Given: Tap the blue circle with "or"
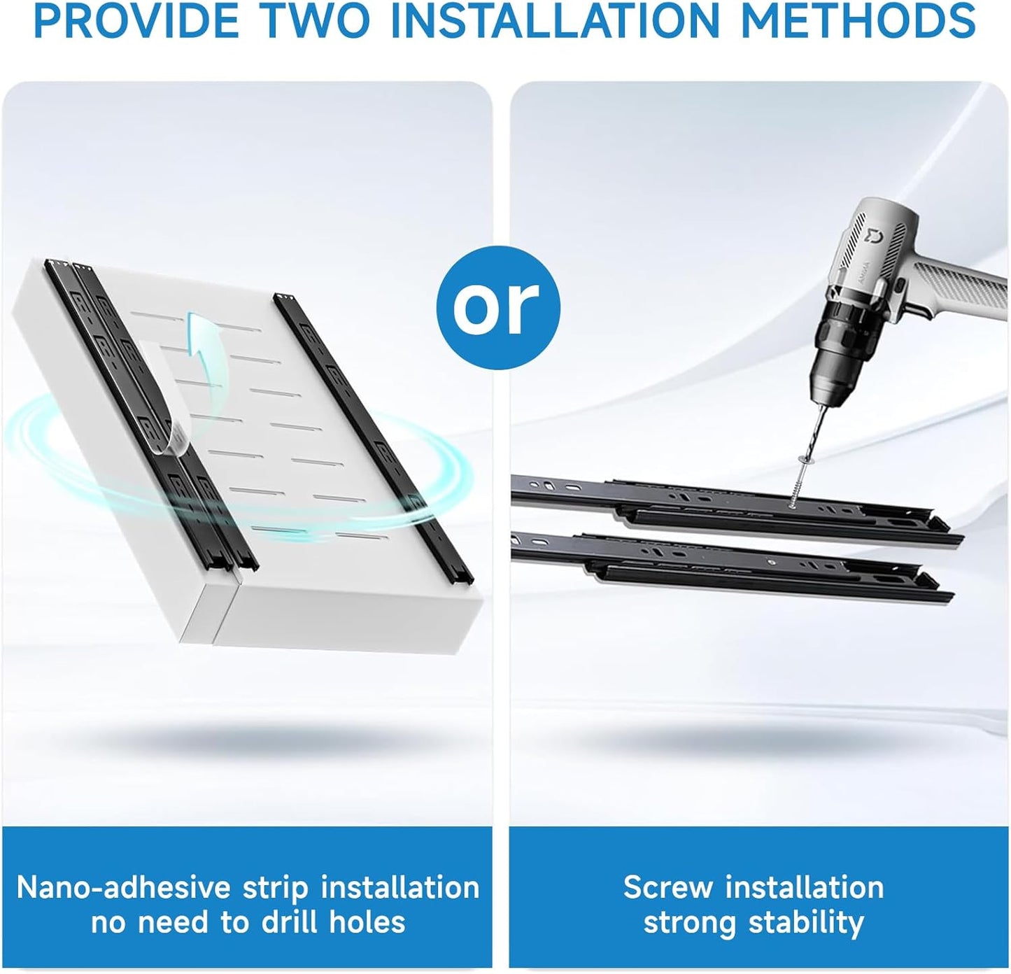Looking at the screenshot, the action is (x=498, y=308).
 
